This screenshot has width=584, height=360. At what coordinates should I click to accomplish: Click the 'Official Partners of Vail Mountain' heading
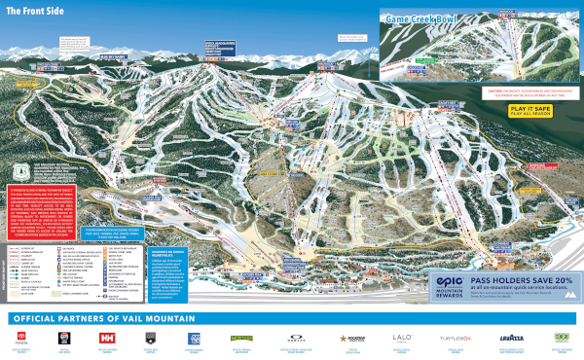pyautogui.click(x=102, y=320)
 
